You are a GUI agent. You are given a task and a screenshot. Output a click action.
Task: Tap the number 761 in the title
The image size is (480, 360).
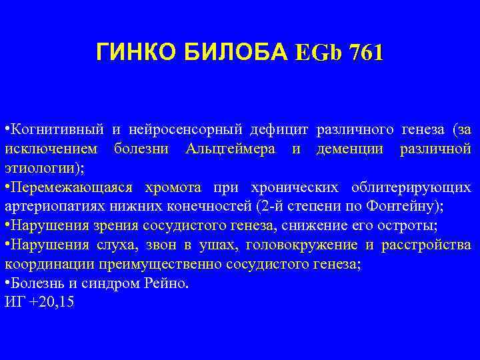coord(363,52)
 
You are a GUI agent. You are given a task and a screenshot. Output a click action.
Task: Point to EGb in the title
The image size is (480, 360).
coord(317,52)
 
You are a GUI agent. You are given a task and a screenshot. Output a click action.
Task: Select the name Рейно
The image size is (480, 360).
coord(169,283)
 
